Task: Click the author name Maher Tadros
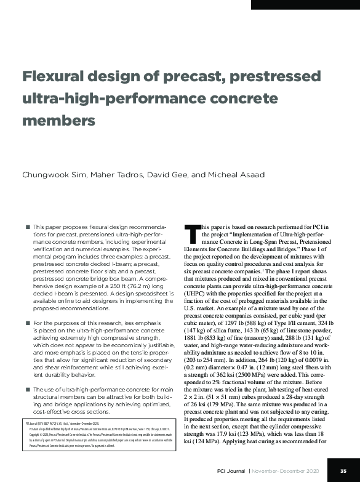[x=115, y=174]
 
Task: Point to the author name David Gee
[x=169, y=174]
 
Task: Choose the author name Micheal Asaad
[x=236, y=174]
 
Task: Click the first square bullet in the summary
[x=28, y=227]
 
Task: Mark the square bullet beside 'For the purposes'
[x=28, y=323]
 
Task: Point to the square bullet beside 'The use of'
[x=28, y=389]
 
